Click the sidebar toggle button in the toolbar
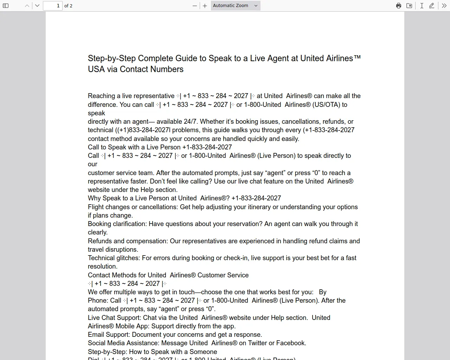tap(6, 6)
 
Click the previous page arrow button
tap(27, 6)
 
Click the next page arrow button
tap(37, 6)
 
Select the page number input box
tap(52, 6)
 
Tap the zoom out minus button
tap(195, 6)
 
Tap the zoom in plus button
tap(205, 6)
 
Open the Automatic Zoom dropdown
tap(236, 6)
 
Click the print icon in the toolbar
tap(399, 6)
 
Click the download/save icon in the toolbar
tap(409, 6)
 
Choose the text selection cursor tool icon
tap(422, 6)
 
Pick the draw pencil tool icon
tap(432, 6)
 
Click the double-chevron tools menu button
tap(444, 6)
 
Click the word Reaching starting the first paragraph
tap(101, 96)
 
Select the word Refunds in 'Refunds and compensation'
tap(99, 241)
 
